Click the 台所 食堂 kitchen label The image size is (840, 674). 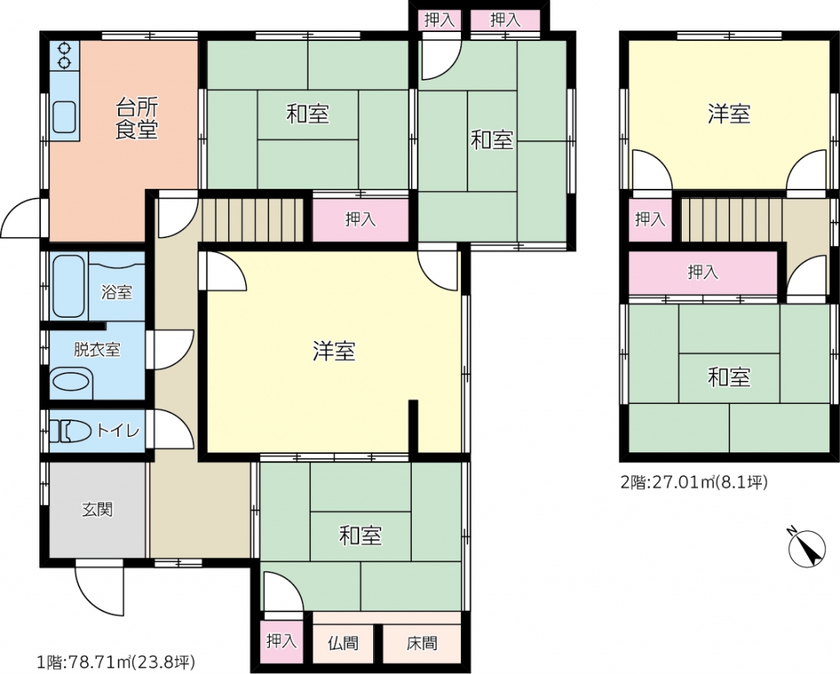pyautogui.click(x=137, y=119)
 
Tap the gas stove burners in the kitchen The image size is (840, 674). pyautogui.click(x=64, y=56)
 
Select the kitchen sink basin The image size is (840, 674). pyautogui.click(x=64, y=117)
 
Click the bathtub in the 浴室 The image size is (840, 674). pyautogui.click(x=69, y=286)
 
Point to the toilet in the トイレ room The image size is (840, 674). pyautogui.click(x=72, y=431)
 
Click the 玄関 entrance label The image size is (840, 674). pyautogui.click(x=98, y=509)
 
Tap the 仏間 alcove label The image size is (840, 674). pyautogui.click(x=343, y=642)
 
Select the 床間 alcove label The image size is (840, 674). pyautogui.click(x=422, y=642)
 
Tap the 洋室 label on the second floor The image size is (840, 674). pyautogui.click(x=728, y=114)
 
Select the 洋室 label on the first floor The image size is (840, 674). pyautogui.click(x=334, y=351)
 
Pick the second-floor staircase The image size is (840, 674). pyautogui.click(x=732, y=220)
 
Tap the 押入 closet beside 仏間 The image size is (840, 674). pyautogui.click(x=281, y=641)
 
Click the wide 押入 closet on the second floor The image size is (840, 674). pyautogui.click(x=702, y=273)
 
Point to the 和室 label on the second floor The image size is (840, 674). pyautogui.click(x=728, y=378)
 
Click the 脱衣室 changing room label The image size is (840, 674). pyautogui.click(x=97, y=350)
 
